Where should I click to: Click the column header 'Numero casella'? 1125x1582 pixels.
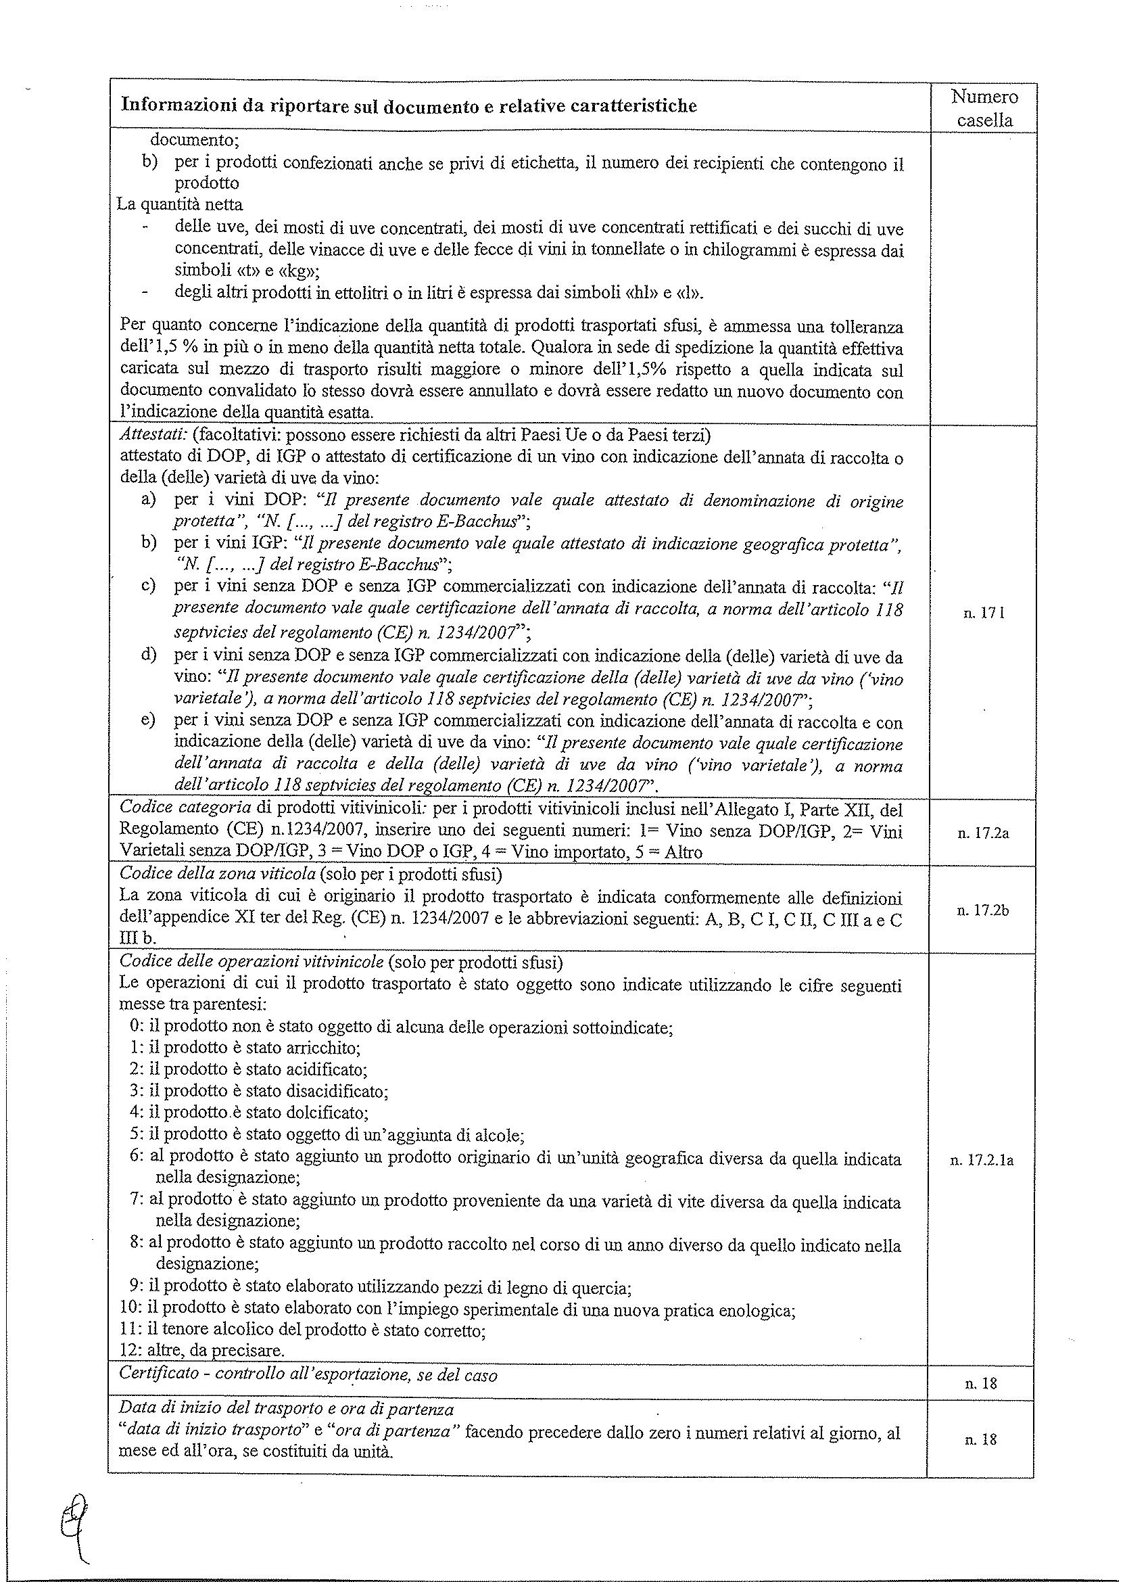[x=984, y=108]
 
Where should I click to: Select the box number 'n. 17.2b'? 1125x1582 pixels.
[x=983, y=910]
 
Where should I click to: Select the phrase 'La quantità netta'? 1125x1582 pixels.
[x=180, y=205]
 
